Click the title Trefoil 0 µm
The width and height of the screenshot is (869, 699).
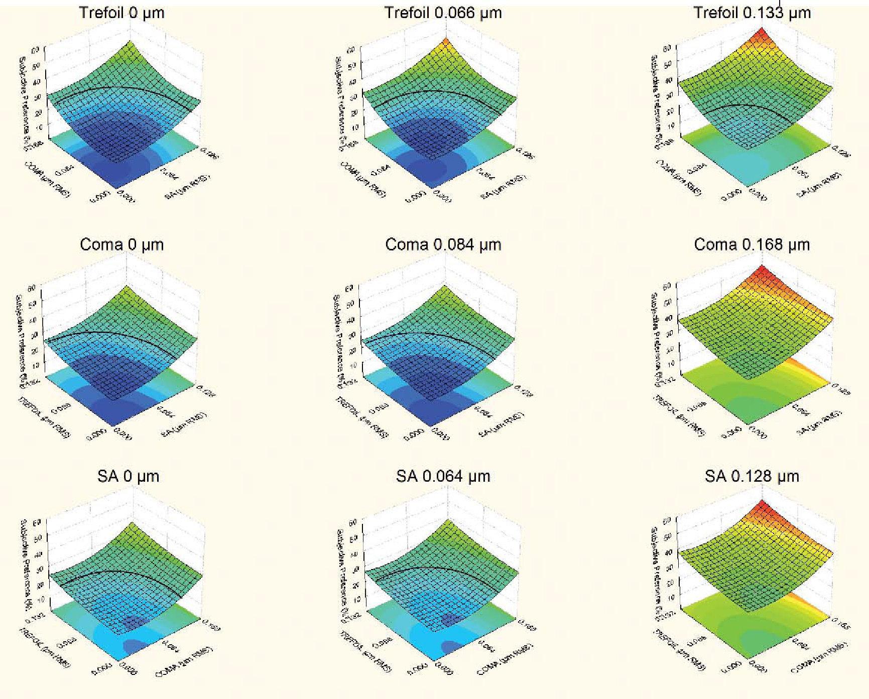pyautogui.click(x=122, y=13)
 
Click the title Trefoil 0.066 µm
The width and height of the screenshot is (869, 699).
pyautogui.click(x=443, y=13)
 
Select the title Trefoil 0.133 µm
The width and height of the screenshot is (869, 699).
pyautogui.click(x=752, y=13)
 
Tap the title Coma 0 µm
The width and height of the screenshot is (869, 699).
pyautogui.click(x=122, y=244)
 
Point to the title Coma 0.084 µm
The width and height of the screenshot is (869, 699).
pyautogui.click(x=443, y=244)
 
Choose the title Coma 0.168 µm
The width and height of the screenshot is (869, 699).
pyautogui.click(x=752, y=244)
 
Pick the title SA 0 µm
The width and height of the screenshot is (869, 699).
pyautogui.click(x=128, y=476)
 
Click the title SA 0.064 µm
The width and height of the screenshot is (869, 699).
pyautogui.click(x=443, y=476)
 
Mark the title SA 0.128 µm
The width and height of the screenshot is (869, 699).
pyautogui.click(x=752, y=476)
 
